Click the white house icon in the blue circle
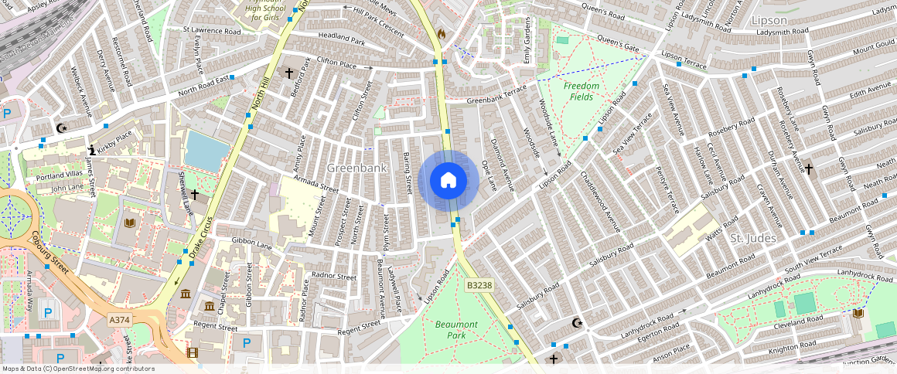point(448,181)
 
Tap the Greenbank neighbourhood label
point(356,168)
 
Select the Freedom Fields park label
point(582,91)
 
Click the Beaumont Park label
point(456,330)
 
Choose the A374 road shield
point(119,320)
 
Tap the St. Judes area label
point(752,238)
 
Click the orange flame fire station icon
point(442,34)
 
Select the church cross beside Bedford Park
point(289,73)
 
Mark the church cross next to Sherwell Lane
point(195,194)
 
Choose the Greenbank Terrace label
point(496,98)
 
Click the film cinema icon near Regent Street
point(192,353)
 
